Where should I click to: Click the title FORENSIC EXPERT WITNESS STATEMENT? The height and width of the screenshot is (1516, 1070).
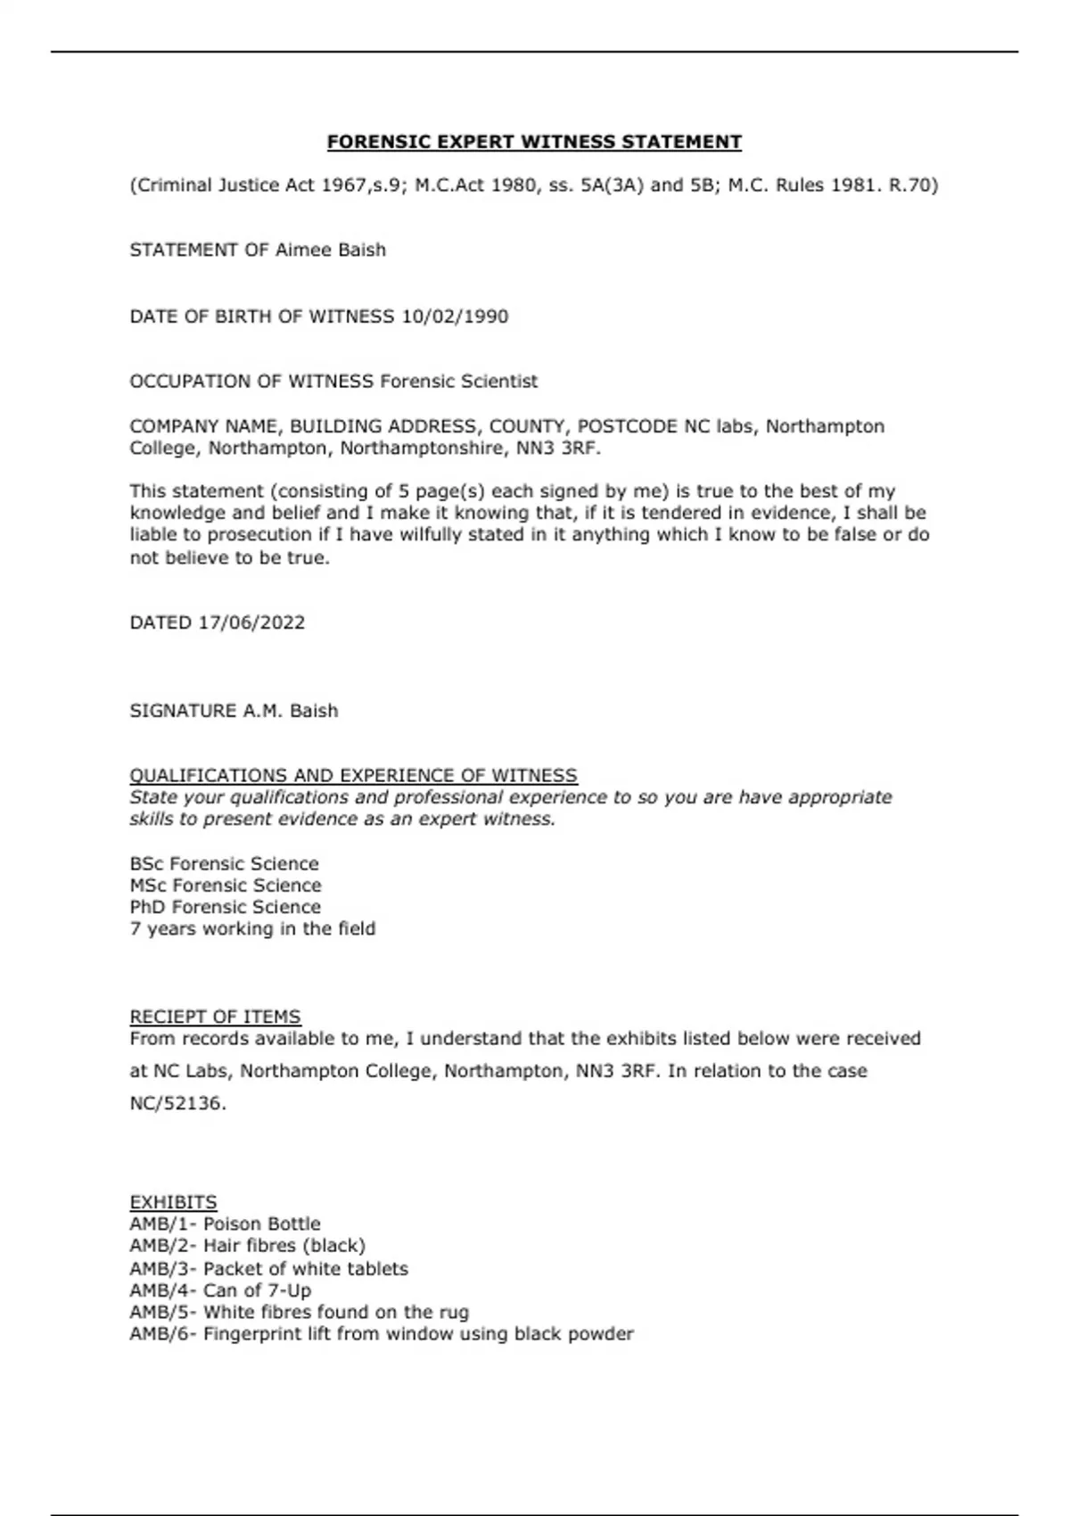(534, 142)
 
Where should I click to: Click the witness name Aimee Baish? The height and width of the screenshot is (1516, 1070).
(330, 251)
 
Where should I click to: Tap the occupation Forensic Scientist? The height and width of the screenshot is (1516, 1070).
(458, 382)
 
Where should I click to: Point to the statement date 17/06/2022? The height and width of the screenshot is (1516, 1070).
(251, 622)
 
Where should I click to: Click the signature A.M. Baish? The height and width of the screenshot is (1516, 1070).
(291, 711)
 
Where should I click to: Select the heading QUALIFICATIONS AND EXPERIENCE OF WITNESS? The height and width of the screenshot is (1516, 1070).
(353, 776)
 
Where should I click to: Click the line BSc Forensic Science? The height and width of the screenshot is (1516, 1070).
(224, 864)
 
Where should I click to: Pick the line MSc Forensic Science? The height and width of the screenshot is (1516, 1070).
(225, 886)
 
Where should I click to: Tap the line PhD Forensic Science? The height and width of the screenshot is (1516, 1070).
(225, 907)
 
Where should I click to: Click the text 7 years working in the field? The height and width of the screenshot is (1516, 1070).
(252, 929)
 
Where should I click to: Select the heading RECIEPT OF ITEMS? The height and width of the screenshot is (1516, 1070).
(215, 1017)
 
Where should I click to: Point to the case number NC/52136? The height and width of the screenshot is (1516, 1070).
(177, 1104)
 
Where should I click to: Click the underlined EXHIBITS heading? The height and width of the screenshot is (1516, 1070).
(173, 1202)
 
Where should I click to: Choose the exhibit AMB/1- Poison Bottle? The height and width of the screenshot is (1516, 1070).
(225, 1224)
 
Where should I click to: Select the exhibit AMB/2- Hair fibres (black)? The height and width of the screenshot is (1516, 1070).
(247, 1246)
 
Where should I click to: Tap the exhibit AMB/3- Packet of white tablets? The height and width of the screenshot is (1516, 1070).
(268, 1269)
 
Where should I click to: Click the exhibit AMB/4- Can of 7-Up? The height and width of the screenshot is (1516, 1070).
(220, 1290)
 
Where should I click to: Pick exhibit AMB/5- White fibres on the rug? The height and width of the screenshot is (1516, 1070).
(299, 1313)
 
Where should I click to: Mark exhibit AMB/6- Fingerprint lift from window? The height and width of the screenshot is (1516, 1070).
(381, 1334)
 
